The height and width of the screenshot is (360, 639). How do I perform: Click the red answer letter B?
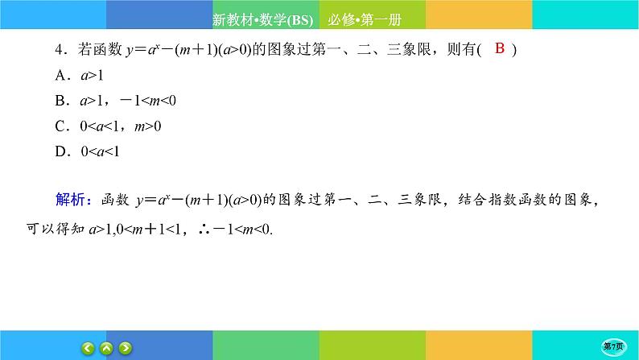499,49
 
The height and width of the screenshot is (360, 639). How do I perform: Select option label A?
60,75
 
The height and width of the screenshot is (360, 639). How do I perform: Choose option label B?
60,100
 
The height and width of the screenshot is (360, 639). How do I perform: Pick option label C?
60,125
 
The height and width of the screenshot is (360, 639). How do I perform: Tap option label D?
60,150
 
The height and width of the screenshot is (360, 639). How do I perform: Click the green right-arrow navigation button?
126,348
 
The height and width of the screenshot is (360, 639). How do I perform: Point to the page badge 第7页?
616,346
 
